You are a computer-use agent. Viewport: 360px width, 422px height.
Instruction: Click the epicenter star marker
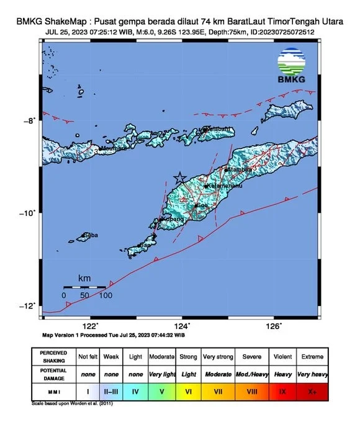tap(180, 177)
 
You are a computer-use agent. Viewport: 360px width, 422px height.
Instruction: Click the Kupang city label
tap(173, 219)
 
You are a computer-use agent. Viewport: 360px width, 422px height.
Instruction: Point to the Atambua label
tap(240, 168)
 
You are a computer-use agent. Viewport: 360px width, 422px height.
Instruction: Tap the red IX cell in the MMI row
tap(283, 392)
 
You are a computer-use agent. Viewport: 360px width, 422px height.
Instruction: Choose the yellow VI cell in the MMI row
tap(189, 392)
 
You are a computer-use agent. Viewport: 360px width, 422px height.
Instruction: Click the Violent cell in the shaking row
tap(283, 357)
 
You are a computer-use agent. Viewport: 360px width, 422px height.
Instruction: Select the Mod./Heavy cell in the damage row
tap(252, 374)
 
